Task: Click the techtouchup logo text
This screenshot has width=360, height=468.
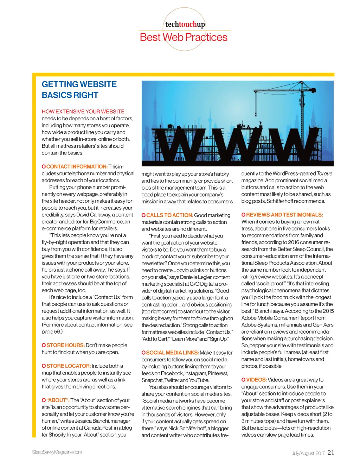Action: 185,24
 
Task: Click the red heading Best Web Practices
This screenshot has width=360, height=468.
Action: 184,37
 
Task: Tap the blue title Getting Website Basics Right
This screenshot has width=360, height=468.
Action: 79,90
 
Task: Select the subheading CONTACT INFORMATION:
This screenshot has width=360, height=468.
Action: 77,166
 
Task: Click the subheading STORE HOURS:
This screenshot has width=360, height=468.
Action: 65,345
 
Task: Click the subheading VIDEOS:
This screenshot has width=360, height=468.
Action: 256,380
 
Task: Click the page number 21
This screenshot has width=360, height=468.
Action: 331,453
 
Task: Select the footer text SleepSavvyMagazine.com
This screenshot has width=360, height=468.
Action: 57,452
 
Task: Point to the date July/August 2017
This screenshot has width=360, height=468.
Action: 308,453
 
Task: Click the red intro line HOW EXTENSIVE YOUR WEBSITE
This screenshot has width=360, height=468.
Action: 83,111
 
